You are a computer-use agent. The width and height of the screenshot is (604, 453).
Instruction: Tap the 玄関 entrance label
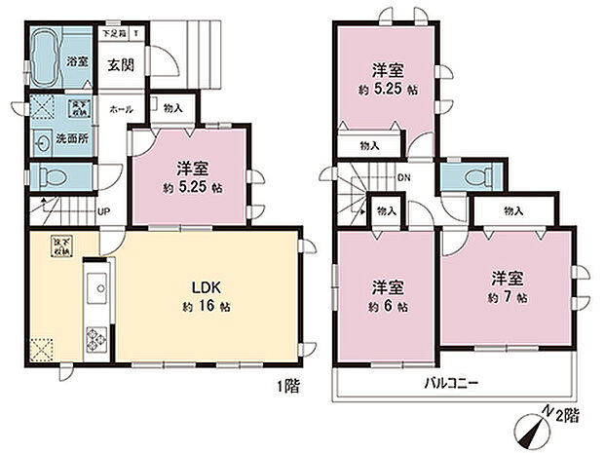point(121,65)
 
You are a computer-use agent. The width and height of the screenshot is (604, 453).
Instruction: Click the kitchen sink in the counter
point(96,289)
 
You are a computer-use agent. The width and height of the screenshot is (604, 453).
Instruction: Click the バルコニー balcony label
point(451,383)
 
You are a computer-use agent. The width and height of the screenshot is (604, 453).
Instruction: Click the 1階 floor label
point(286,386)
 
